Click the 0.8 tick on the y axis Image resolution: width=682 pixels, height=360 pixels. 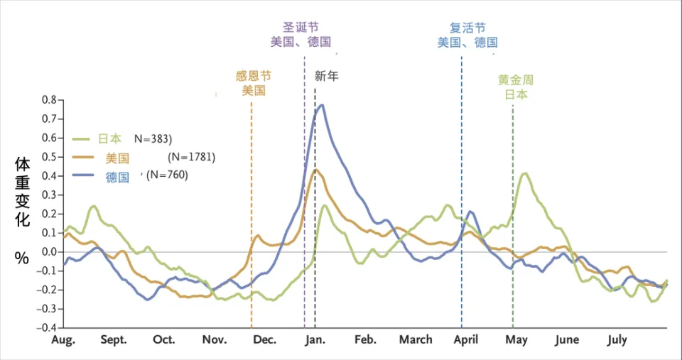pyautogui.click(x=48, y=99)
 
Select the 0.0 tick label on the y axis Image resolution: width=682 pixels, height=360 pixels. pyautogui.click(x=48, y=252)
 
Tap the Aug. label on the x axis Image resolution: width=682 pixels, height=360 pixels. pyautogui.click(x=63, y=340)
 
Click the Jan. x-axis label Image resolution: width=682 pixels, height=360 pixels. pyautogui.click(x=315, y=340)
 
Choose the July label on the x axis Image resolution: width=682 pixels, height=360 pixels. pyautogui.click(x=617, y=340)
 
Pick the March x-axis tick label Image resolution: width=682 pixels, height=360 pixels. pyautogui.click(x=416, y=340)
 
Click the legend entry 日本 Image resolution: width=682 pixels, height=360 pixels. pyautogui.click(x=110, y=138)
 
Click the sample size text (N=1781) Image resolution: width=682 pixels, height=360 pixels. pyautogui.click(x=190, y=157)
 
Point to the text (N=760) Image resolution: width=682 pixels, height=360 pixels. pyautogui.click(x=167, y=175)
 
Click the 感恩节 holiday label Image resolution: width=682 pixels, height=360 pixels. pyautogui.click(x=254, y=76)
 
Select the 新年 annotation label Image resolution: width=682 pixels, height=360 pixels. pyautogui.click(x=326, y=76)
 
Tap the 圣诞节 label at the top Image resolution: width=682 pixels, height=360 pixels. pyautogui.click(x=301, y=28)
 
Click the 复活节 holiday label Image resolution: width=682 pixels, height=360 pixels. pyautogui.click(x=467, y=28)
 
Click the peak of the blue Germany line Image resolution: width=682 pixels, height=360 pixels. pyautogui.click(x=322, y=105)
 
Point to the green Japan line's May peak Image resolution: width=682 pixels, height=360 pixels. pyautogui.click(x=525, y=173)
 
